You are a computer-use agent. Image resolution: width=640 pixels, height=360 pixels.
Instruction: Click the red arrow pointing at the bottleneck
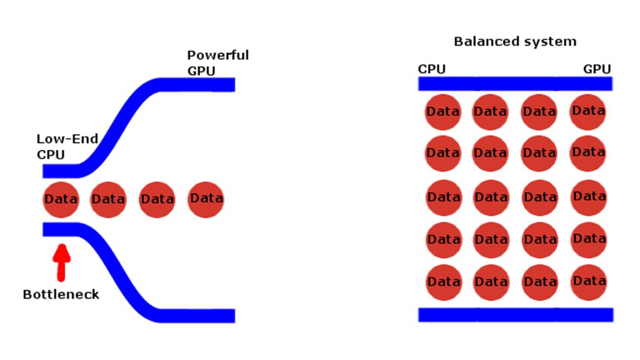click(62, 262)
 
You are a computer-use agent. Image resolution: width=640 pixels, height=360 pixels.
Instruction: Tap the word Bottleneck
click(61, 294)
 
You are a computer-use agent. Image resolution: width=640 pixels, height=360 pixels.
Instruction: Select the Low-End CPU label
click(67, 146)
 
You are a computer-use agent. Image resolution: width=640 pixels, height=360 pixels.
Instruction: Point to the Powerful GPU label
click(217, 63)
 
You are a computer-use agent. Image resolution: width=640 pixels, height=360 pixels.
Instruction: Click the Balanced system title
click(515, 41)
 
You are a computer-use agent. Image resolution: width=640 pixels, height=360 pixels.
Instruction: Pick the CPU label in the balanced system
click(431, 69)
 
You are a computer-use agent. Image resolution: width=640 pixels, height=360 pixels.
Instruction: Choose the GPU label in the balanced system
click(597, 69)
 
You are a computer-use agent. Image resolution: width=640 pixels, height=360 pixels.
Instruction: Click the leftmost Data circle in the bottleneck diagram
click(61, 199)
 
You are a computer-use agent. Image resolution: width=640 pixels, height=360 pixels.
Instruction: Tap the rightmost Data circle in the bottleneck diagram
click(206, 199)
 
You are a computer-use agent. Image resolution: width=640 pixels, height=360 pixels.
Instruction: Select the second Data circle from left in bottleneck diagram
click(108, 199)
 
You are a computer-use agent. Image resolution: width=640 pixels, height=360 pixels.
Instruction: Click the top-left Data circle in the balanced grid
click(443, 112)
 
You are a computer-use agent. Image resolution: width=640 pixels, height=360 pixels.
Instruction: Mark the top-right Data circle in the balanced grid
click(587, 112)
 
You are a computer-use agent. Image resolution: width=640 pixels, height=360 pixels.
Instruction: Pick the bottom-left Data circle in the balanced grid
click(444, 282)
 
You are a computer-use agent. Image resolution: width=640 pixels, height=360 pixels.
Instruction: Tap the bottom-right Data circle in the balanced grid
click(589, 282)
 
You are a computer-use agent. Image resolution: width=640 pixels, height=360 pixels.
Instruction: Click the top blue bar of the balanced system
click(515, 84)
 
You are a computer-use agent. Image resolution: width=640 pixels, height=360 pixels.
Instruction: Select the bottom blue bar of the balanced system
click(516, 315)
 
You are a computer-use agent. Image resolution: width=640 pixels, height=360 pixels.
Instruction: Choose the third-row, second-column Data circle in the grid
click(491, 197)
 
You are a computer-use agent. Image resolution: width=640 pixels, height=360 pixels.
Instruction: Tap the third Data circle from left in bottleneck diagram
click(157, 199)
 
